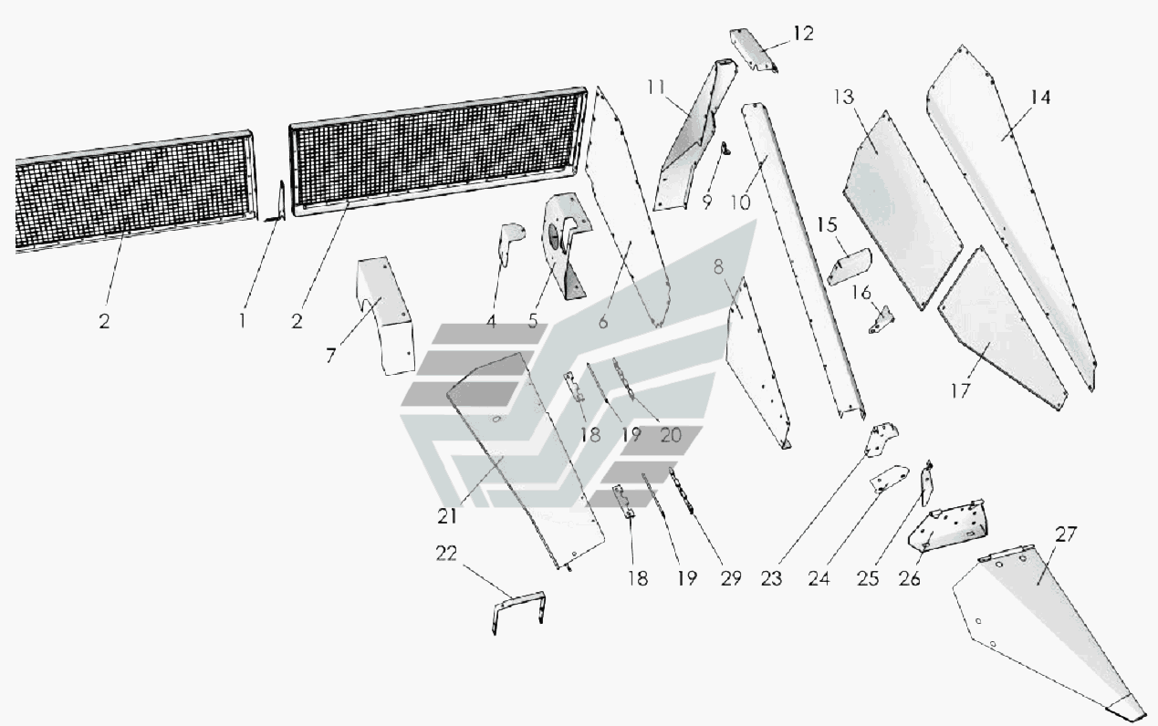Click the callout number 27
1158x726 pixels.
1066,534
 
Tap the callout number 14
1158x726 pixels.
1040,97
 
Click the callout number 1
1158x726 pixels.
242,321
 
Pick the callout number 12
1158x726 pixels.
802,34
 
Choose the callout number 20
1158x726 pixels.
670,435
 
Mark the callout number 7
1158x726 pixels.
330,355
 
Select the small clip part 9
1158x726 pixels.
725,149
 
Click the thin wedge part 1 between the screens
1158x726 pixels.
279,201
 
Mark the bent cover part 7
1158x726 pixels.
387,310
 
